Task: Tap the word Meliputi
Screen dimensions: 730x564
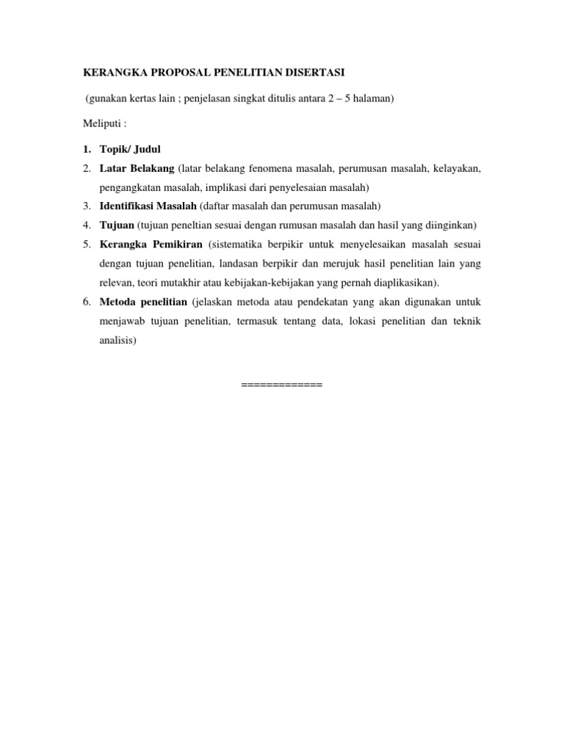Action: click(x=100, y=123)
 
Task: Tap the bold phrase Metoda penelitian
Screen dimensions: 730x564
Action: click(x=143, y=301)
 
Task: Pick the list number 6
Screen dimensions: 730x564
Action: click(x=86, y=301)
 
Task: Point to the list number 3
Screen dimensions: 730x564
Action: click(x=86, y=206)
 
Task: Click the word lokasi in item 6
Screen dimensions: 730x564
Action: click(x=350, y=320)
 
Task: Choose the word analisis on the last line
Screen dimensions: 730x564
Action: click(x=117, y=339)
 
